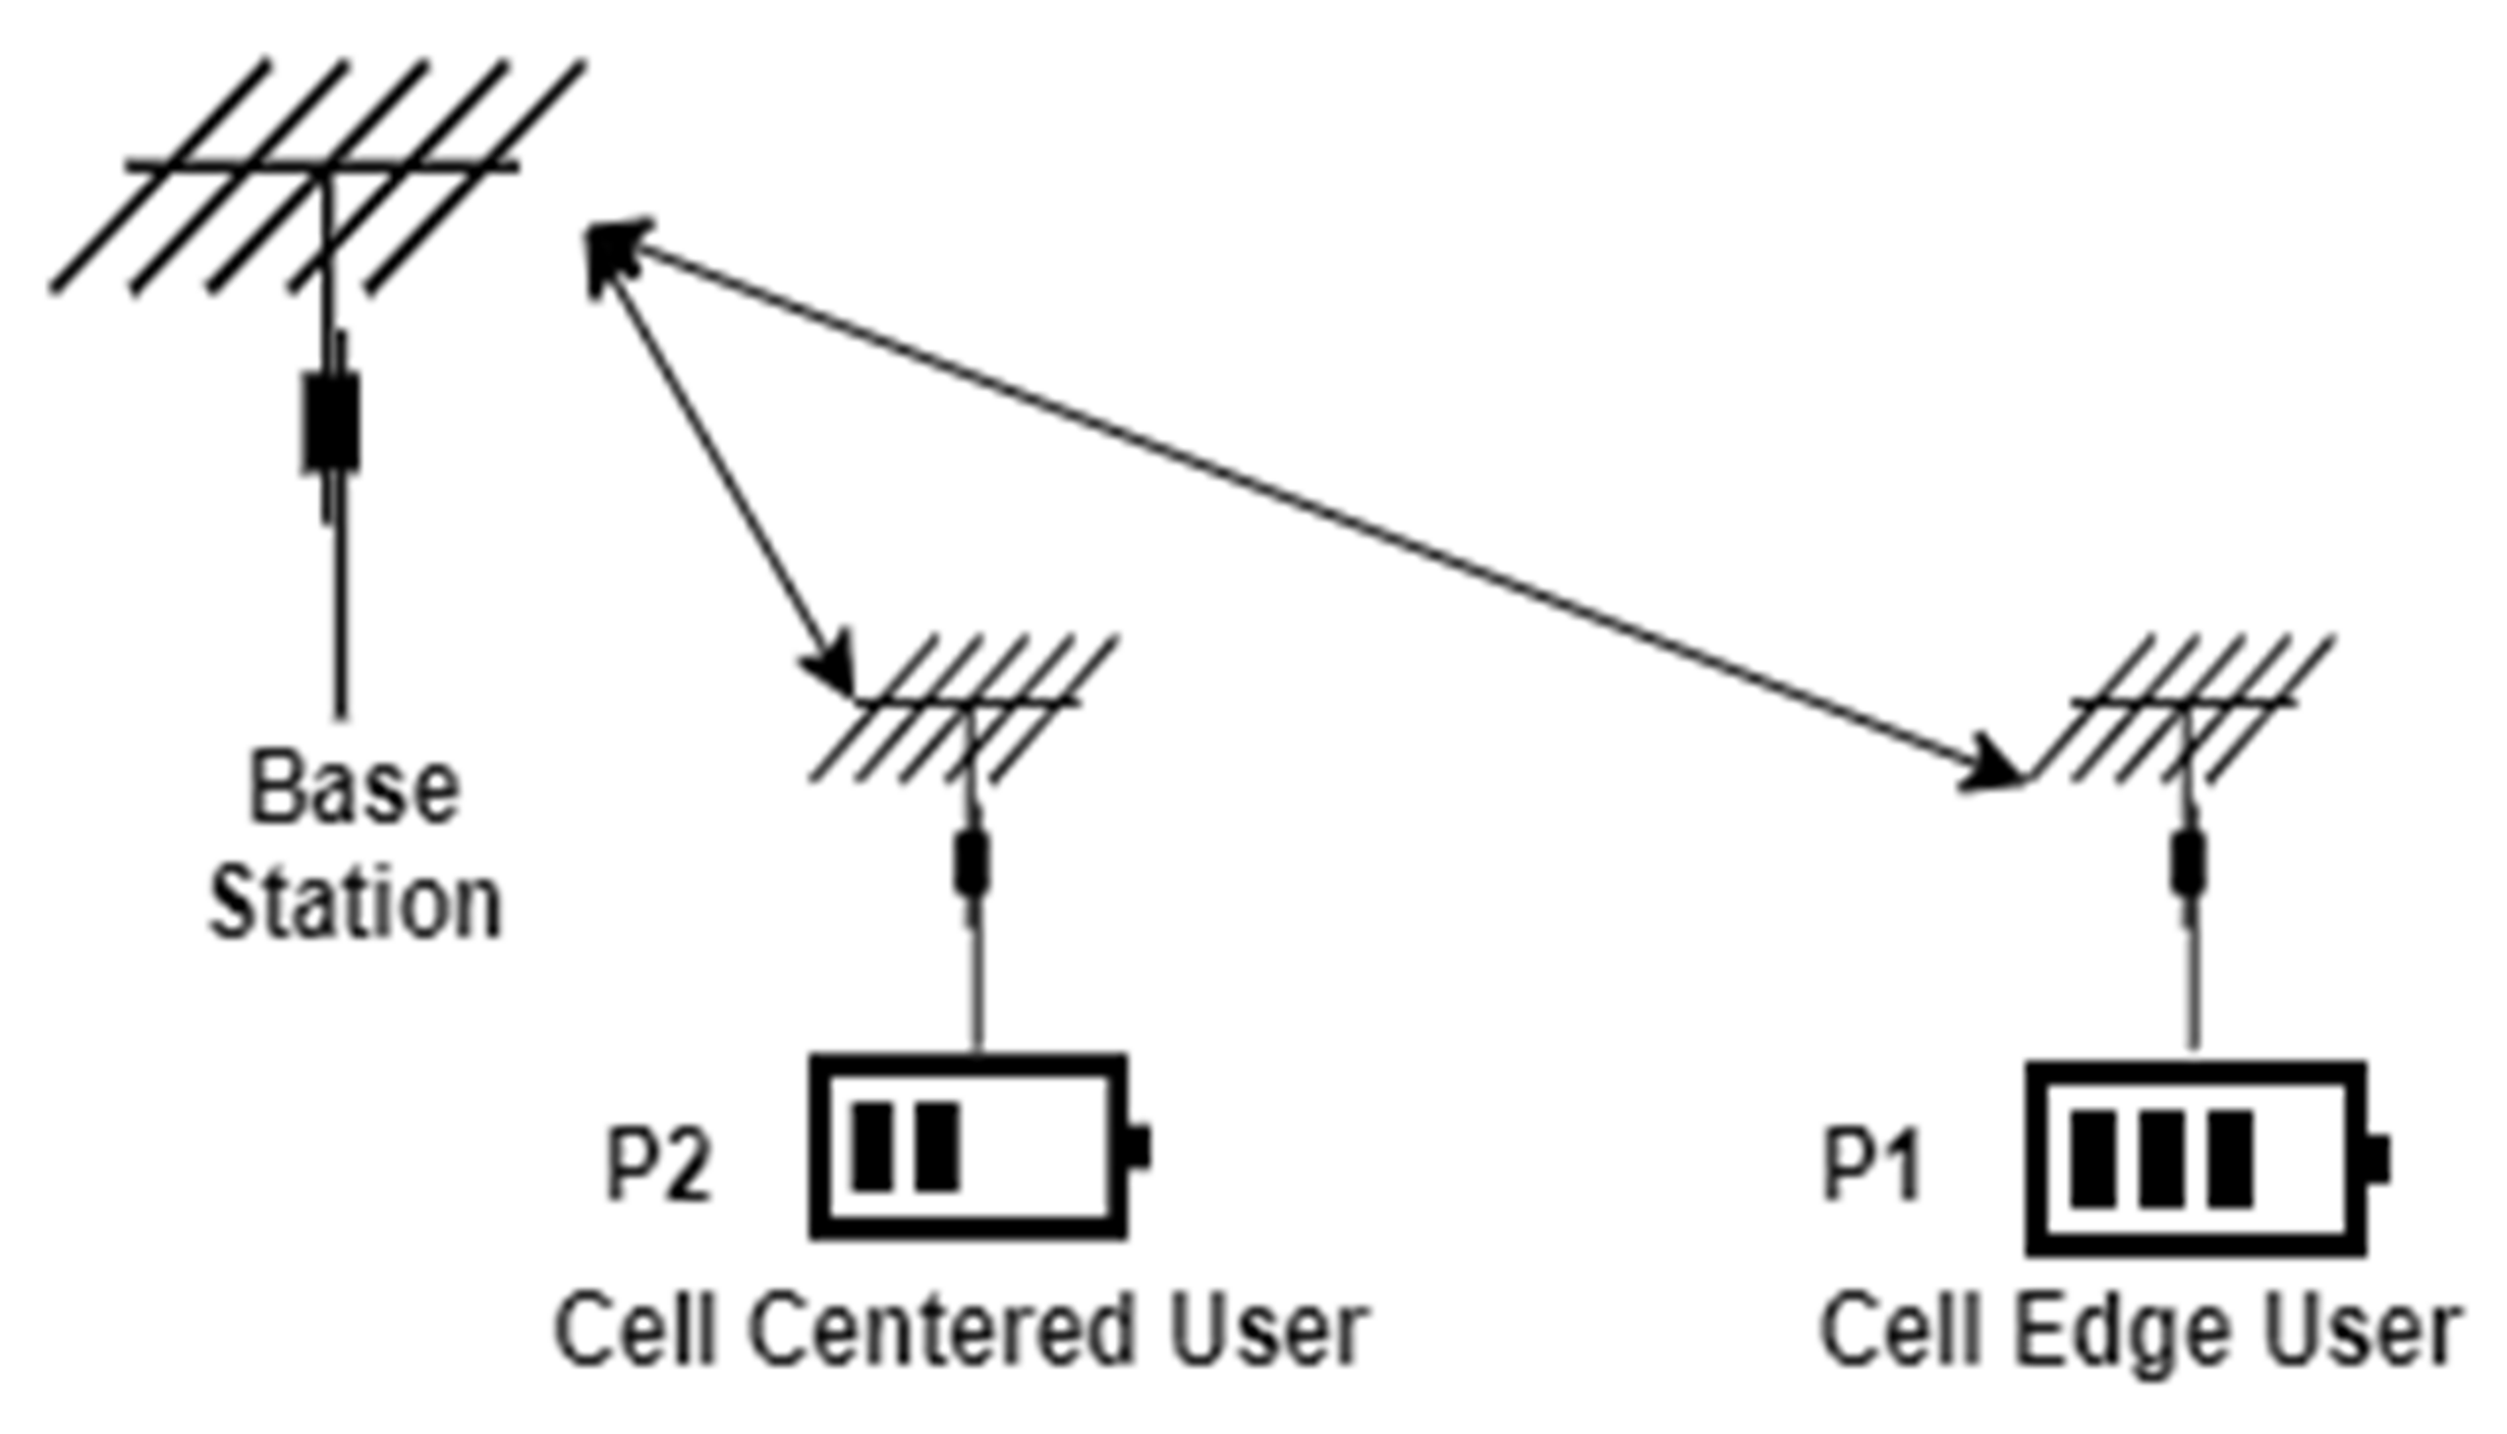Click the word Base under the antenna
click(x=355, y=789)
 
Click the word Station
click(x=356, y=904)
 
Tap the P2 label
click(x=658, y=1166)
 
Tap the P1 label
click(x=1871, y=1167)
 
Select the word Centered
click(x=941, y=1332)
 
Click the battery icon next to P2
click(x=971, y=1146)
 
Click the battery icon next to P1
click(x=2196, y=1158)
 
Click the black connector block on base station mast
click(x=331, y=421)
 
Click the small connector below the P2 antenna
click(x=973, y=864)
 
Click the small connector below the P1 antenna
click(x=2189, y=864)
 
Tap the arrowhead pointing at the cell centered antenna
click(x=832, y=665)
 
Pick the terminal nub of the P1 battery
click(x=2377, y=1159)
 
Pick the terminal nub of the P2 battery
click(x=1139, y=1147)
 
